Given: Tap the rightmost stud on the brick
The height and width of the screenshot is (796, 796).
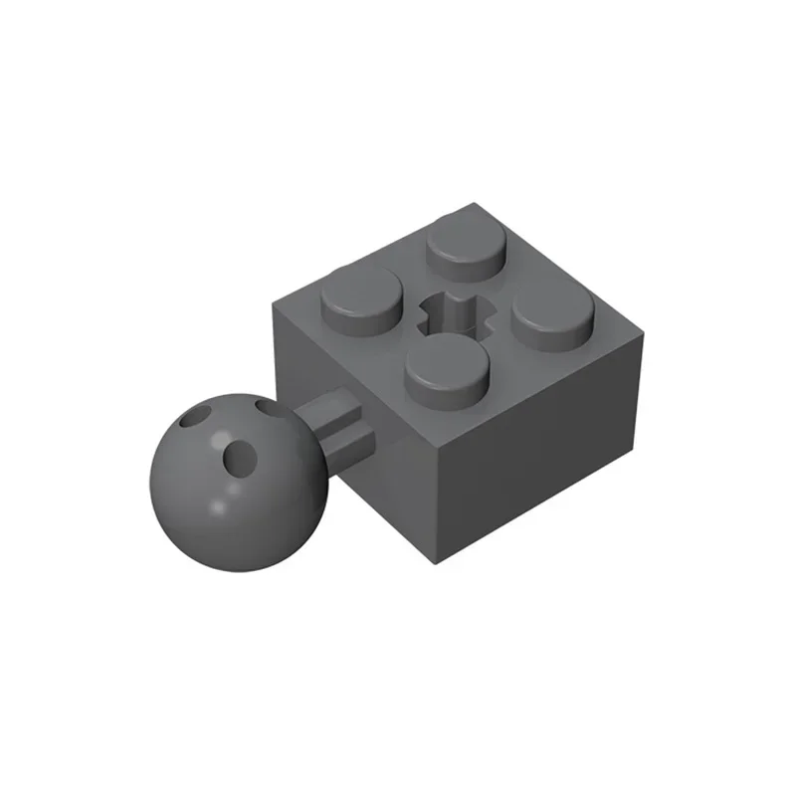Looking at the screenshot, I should click(552, 320).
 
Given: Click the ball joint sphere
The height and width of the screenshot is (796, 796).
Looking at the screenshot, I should click(236, 469).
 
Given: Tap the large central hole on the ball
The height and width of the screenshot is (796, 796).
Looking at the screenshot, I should click(240, 456).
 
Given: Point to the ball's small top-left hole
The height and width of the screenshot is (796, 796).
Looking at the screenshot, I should click(203, 415).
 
